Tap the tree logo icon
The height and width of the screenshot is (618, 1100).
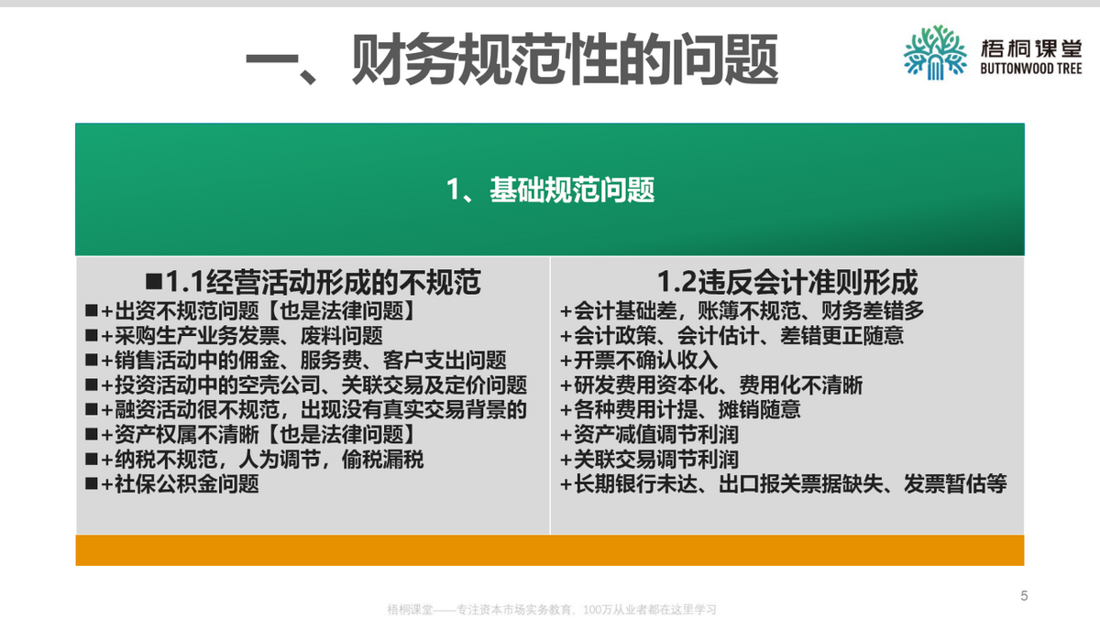point(935,51)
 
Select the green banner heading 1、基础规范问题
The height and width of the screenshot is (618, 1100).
point(550,190)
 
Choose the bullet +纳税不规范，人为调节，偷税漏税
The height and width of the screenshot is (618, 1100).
point(262,459)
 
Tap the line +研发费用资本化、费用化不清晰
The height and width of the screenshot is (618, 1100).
point(711,385)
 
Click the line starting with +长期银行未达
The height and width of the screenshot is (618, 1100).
point(783,483)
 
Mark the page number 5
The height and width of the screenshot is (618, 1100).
point(1024,596)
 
